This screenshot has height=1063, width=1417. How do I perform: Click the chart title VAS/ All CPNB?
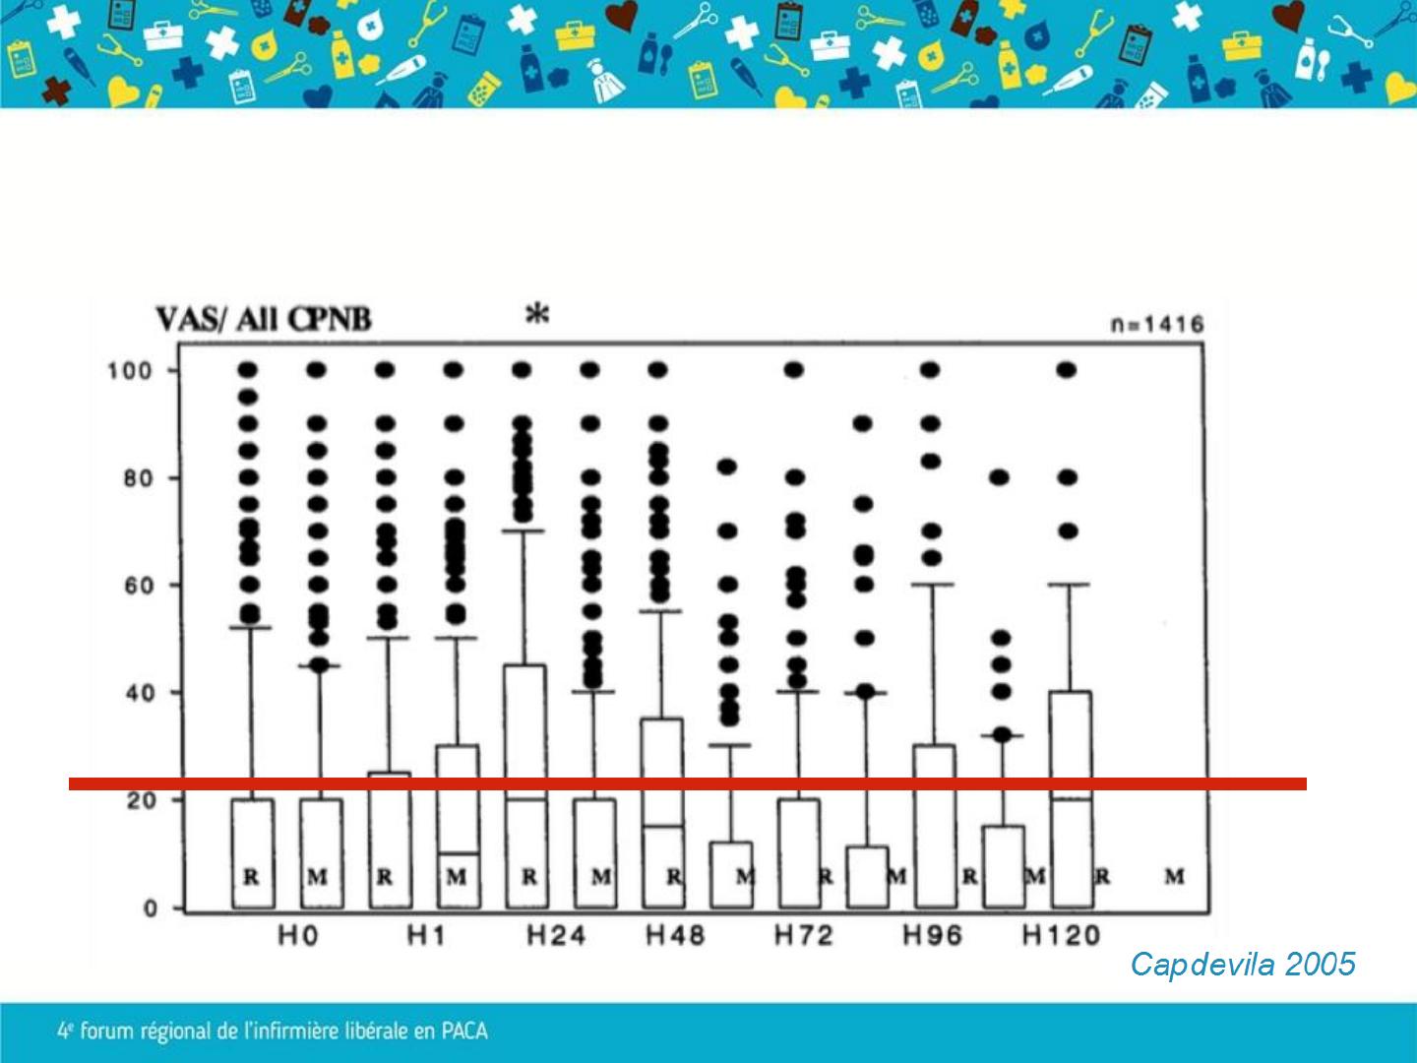(264, 320)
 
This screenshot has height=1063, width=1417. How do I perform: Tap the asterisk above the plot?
(536, 315)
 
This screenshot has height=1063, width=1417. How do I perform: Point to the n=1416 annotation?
(1157, 324)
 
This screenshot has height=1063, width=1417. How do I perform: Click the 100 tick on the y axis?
(130, 371)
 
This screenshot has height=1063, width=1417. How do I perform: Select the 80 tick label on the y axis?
(135, 478)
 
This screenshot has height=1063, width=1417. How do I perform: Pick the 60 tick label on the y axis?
(135, 586)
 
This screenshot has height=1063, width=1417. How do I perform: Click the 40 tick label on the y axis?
(135, 693)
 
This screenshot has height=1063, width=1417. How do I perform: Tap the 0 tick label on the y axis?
(150, 908)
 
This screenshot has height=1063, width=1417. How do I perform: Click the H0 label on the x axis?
(297, 935)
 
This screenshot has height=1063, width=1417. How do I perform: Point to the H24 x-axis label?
(556, 935)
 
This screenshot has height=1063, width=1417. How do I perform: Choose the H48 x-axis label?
(675, 935)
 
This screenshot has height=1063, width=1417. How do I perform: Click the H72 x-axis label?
(803, 935)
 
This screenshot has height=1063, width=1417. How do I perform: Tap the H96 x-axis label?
(932, 935)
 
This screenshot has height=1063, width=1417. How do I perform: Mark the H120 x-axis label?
(1061, 935)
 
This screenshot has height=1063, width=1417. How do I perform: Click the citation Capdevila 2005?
(1243, 964)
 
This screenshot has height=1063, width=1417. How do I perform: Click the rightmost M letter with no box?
(1175, 876)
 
